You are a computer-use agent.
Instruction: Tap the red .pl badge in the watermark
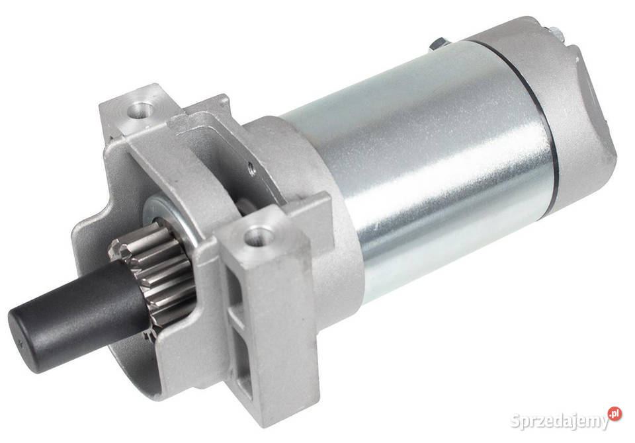[x=615, y=414]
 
